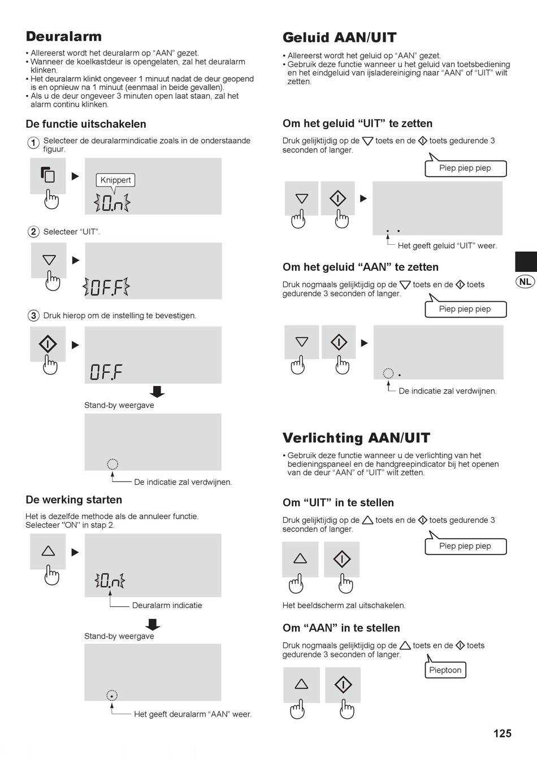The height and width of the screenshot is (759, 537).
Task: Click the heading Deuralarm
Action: pyautogui.click(x=64, y=37)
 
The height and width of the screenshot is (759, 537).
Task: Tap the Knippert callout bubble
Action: pyautogui.click(x=115, y=180)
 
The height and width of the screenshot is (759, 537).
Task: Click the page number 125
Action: pyautogui.click(x=502, y=734)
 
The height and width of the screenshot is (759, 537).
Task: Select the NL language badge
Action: pyautogui.click(x=525, y=281)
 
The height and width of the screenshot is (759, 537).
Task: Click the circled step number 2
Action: pyautogui.click(x=33, y=232)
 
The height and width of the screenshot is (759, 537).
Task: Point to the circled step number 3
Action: pyautogui.click(x=33, y=316)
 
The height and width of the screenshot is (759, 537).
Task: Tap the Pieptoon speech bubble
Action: pyautogui.click(x=445, y=670)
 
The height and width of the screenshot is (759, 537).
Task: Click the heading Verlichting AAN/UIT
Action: pyautogui.click(x=356, y=438)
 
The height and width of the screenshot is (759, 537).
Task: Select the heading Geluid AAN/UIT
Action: pyautogui.click(x=340, y=38)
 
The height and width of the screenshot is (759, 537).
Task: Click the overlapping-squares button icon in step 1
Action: pyautogui.click(x=48, y=175)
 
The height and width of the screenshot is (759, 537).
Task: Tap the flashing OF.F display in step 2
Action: pyautogui.click(x=106, y=287)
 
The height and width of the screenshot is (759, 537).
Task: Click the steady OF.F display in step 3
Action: pyautogui.click(x=106, y=372)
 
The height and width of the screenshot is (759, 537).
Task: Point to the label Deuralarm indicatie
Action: pyautogui.click(x=167, y=605)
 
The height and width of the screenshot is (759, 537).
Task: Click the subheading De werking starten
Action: pyautogui.click(x=74, y=500)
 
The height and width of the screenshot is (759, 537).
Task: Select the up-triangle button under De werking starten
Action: pyautogui.click(x=48, y=551)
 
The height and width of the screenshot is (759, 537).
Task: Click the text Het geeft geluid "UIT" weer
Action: pyautogui.click(x=447, y=246)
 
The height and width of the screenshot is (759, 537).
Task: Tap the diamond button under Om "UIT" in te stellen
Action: pyautogui.click(x=341, y=559)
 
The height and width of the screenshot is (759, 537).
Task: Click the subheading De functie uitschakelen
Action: pyautogui.click(x=86, y=124)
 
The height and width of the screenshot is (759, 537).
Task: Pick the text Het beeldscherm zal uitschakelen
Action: pyautogui.click(x=344, y=605)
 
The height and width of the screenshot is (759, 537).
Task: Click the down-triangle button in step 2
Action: pyautogui.click(x=49, y=260)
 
